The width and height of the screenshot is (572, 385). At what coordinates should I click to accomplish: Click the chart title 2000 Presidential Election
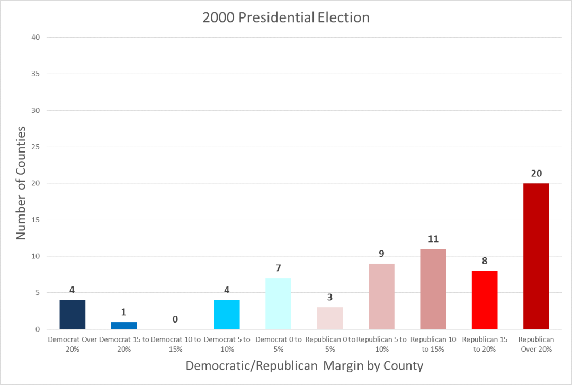[x=286, y=17]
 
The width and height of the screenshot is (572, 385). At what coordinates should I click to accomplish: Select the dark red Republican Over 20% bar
[x=536, y=256]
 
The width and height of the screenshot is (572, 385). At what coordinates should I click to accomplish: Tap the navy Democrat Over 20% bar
[x=73, y=315]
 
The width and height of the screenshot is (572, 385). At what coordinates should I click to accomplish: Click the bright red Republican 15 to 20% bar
[x=485, y=300]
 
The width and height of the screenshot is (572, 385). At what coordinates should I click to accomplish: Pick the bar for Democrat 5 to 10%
[x=227, y=315]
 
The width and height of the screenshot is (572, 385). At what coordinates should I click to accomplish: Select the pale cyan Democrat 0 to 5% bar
[x=279, y=304]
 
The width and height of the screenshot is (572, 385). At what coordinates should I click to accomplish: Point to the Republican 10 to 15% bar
[x=433, y=289]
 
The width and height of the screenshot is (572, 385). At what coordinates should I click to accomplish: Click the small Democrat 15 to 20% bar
[x=124, y=325]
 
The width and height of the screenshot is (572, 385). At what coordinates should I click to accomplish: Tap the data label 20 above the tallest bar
[x=536, y=174]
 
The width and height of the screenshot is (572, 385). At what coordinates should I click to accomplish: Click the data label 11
[x=433, y=239]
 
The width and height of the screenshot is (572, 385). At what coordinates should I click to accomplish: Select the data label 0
[x=175, y=319]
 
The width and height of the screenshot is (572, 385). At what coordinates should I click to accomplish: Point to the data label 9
[x=381, y=254]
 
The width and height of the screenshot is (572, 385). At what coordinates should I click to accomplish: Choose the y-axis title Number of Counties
[x=21, y=183]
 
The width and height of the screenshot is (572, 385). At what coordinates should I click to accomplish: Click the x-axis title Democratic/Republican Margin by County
[x=305, y=365]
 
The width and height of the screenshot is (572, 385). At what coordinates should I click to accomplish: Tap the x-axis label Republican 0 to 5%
[x=330, y=344]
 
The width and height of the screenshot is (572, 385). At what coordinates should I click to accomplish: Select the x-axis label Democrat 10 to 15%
[x=175, y=344]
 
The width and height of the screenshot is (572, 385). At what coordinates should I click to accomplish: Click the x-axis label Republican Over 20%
[x=536, y=344]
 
